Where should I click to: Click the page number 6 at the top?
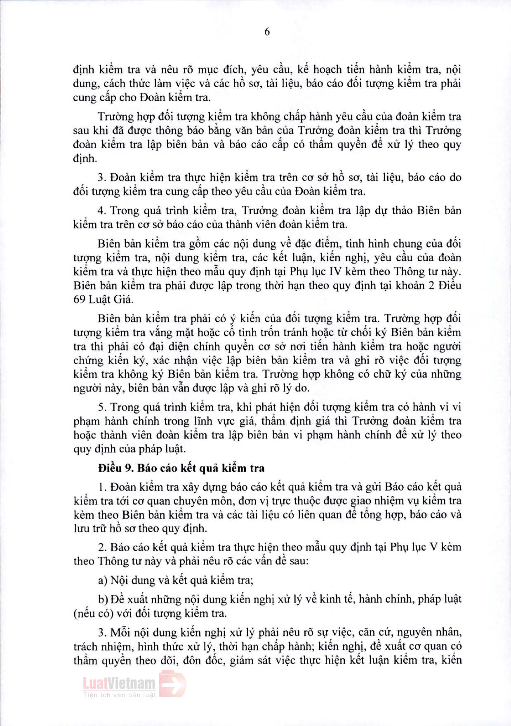pos(267,32)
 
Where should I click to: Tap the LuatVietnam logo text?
pos(119,683)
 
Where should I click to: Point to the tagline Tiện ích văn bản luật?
pos(119,695)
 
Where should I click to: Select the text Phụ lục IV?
pos(314,272)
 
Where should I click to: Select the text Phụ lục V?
pos(414,547)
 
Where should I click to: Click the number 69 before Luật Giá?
pos(79,299)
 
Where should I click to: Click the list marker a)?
pos(103,580)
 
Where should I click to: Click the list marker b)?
pos(103,599)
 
